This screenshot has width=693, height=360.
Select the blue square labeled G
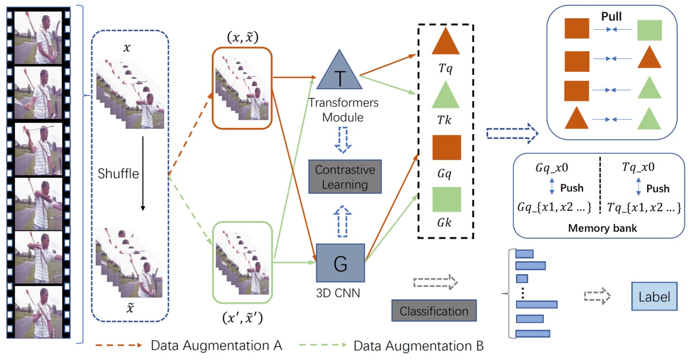[x=340, y=264]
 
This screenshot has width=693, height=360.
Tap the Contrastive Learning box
[x=345, y=177]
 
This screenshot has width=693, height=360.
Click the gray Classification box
[x=434, y=311]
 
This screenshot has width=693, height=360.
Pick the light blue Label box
[x=654, y=297]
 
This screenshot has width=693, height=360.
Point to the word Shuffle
[x=118, y=173]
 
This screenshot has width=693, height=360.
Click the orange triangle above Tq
[x=445, y=41]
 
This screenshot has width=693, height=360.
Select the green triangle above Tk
[x=445, y=96]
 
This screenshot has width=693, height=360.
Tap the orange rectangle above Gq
[x=446, y=147]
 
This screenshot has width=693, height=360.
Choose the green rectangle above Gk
[x=446, y=199]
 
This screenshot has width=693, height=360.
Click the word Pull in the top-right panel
[x=612, y=17]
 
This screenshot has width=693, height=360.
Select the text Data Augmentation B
[x=418, y=346]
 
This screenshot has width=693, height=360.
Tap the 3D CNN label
[x=339, y=294]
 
